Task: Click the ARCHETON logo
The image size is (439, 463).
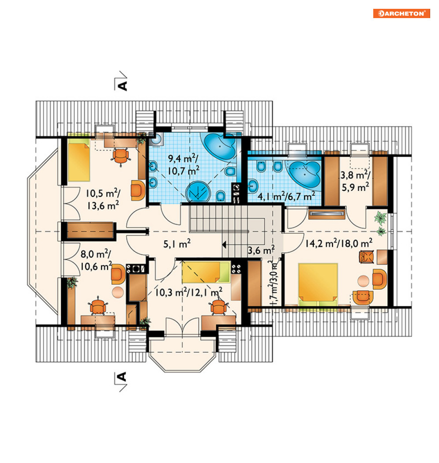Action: (x=401, y=14)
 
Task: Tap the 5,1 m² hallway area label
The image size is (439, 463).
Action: (x=177, y=243)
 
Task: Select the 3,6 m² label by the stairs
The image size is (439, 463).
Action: (x=261, y=250)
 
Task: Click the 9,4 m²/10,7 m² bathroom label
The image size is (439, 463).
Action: (x=184, y=164)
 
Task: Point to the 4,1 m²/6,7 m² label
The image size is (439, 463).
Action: (x=286, y=195)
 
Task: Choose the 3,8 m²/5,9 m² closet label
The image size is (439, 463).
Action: (x=355, y=181)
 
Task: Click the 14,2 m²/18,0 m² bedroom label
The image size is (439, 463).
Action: (x=338, y=243)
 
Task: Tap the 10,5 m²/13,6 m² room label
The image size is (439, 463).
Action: (x=103, y=199)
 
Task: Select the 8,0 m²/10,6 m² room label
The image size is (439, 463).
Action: (x=96, y=260)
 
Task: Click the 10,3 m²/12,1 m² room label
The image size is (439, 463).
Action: (x=188, y=292)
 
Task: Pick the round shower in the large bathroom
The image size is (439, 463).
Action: (x=198, y=192)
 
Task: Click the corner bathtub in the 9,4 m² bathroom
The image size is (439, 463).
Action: (x=221, y=146)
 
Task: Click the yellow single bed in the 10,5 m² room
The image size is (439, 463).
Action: (x=79, y=161)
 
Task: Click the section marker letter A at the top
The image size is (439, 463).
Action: (x=122, y=86)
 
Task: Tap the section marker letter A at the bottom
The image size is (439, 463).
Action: (x=122, y=377)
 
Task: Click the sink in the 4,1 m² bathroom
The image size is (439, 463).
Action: (x=253, y=186)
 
